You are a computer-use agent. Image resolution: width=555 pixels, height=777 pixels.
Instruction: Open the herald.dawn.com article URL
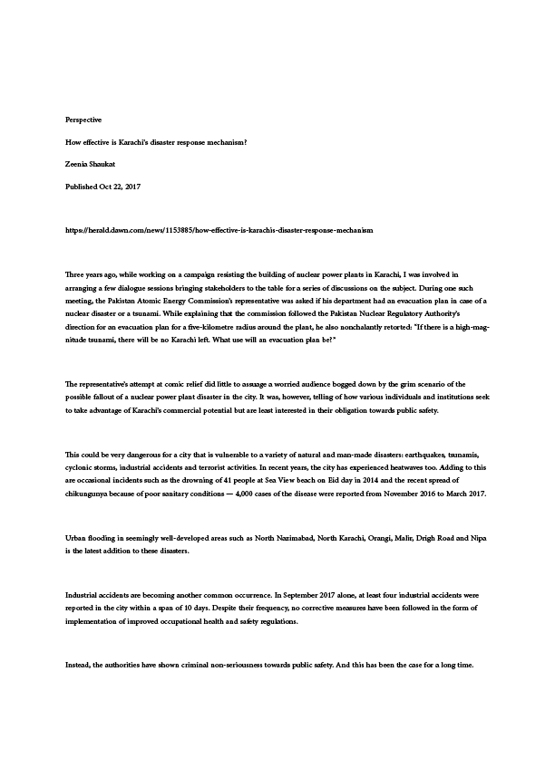[219, 231]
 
